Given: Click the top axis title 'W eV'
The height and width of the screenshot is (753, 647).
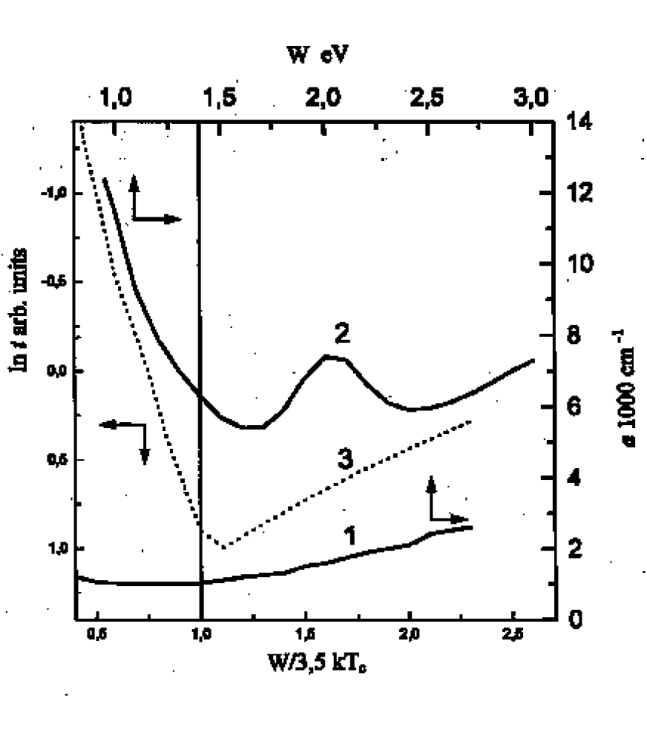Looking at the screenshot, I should (x=317, y=54).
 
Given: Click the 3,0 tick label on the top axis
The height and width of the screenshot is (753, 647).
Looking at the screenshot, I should (x=531, y=96).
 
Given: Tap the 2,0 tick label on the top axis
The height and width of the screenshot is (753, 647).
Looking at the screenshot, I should (x=325, y=96).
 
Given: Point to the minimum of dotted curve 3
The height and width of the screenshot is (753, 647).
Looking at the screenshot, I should (x=223, y=547).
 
